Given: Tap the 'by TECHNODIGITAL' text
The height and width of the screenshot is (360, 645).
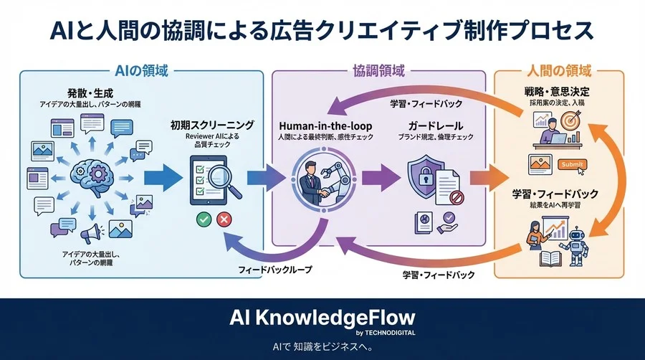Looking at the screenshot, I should pyautogui.click(x=385, y=333).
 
